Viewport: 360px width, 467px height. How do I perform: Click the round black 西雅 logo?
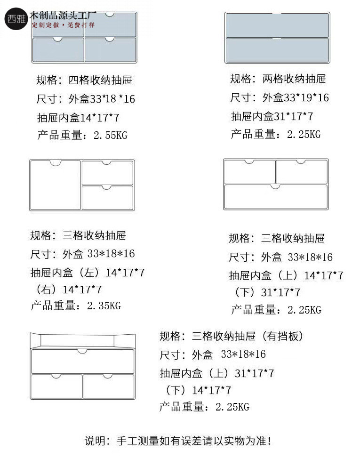[x=16, y=19]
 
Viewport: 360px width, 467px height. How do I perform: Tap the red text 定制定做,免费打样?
[x=63, y=25]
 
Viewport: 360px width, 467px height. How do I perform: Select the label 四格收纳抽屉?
[x=100, y=80]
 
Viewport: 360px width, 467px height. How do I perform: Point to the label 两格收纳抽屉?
[x=294, y=79]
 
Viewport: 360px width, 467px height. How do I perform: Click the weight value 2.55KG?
[x=111, y=136]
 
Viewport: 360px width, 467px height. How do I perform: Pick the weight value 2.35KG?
[x=104, y=306]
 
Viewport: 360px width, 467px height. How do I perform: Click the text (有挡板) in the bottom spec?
[x=282, y=336]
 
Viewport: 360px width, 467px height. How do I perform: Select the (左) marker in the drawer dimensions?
[x=89, y=273]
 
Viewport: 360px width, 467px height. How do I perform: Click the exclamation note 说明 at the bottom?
[x=178, y=441]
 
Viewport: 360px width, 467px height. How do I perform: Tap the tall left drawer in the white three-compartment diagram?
[x=56, y=185]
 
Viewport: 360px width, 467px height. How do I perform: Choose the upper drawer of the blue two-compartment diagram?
[x=277, y=25]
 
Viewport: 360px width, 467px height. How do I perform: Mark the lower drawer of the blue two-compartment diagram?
[x=277, y=50]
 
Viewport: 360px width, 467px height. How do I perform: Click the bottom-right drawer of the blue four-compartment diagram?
[x=110, y=50]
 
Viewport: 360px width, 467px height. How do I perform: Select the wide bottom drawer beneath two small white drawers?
[x=276, y=197]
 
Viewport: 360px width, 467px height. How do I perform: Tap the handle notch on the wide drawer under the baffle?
[x=82, y=352]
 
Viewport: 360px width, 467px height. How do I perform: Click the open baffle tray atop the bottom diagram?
[x=83, y=340]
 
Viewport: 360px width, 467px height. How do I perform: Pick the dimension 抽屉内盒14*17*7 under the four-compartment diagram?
[x=78, y=118]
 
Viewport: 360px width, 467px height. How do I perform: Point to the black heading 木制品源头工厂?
[x=63, y=16]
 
